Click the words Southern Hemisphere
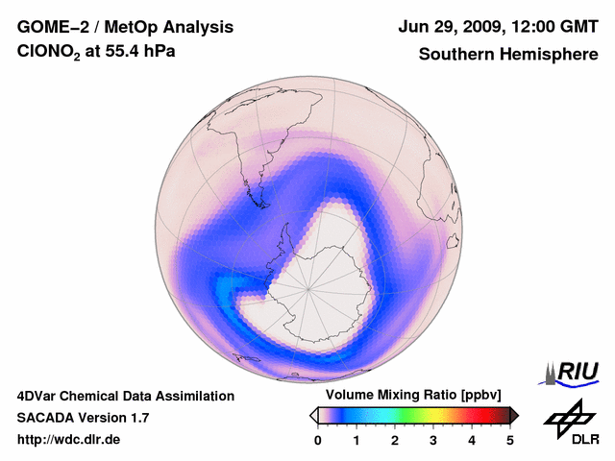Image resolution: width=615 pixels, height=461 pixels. [x=507, y=55]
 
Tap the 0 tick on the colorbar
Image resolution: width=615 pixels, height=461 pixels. [x=318, y=440]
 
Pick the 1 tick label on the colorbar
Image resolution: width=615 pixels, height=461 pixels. [x=357, y=440]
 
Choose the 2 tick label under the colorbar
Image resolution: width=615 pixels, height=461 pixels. [x=395, y=440]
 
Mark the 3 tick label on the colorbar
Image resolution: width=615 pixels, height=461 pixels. [x=433, y=440]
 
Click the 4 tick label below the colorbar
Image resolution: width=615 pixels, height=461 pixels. [x=472, y=440]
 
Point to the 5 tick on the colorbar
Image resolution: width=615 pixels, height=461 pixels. [x=510, y=440]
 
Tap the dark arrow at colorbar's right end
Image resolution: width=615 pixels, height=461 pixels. [x=514, y=415]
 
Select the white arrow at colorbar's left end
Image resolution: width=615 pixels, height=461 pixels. [x=313, y=415]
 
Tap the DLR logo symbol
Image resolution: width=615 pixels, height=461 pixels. [x=569, y=417]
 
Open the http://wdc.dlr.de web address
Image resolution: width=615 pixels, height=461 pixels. [x=69, y=440]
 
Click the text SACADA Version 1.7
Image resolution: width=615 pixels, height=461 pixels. [x=83, y=418]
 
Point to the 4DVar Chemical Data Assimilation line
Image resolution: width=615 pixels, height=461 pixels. [x=125, y=396]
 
